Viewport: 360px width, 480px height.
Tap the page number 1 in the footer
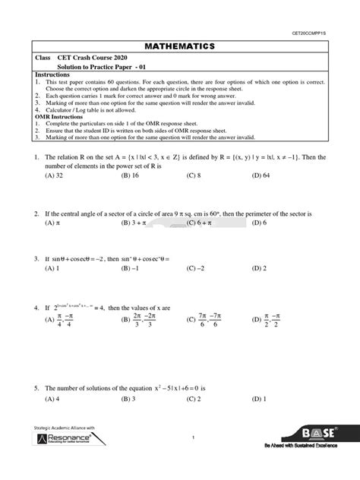click(x=194, y=437)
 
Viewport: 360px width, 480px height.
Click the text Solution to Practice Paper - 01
click(x=106, y=67)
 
